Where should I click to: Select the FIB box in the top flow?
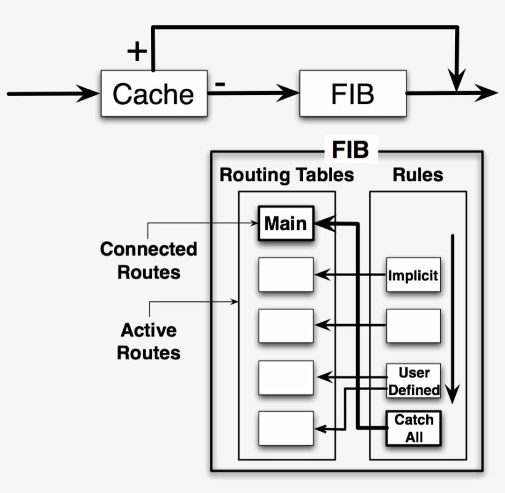pyautogui.click(x=352, y=94)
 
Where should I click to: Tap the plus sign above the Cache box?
pyautogui.click(x=137, y=52)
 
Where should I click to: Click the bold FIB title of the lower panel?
pyautogui.click(x=350, y=150)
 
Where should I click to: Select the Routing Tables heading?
pyautogui.click(x=286, y=175)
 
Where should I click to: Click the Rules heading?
pyautogui.click(x=418, y=175)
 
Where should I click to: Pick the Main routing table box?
pyautogui.click(x=286, y=223)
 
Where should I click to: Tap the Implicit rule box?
pyautogui.click(x=413, y=275)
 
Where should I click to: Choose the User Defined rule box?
pyautogui.click(x=414, y=381)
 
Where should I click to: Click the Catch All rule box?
pyautogui.click(x=414, y=428)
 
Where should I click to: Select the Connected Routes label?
pyautogui.click(x=148, y=260)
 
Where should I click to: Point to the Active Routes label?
pyautogui.click(x=150, y=341)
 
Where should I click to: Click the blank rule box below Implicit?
pyautogui.click(x=413, y=325)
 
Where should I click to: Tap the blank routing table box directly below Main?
pyautogui.click(x=286, y=275)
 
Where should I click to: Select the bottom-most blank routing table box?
pyautogui.click(x=286, y=428)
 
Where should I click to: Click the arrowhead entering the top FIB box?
pyautogui.click(x=291, y=94)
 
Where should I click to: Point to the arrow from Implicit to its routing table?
pyautogui.click(x=351, y=274)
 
